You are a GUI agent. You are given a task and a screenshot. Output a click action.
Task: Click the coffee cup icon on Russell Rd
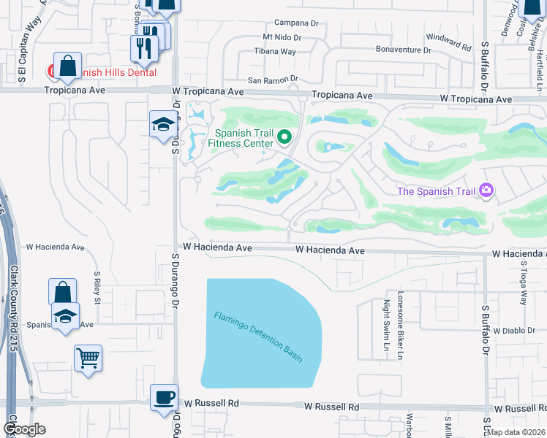164,398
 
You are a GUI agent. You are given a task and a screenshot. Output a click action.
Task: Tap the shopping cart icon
88,358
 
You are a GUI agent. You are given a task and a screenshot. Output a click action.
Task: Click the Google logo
24,429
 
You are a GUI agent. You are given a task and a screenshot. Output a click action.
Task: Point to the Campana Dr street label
297,23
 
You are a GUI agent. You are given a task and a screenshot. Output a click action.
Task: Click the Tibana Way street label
275,51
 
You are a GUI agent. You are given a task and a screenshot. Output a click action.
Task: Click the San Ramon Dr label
273,79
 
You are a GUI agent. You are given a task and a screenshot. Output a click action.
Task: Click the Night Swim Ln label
386,324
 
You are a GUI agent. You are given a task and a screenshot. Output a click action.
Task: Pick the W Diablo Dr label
515,330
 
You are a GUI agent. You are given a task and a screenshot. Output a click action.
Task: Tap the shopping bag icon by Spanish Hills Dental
67,65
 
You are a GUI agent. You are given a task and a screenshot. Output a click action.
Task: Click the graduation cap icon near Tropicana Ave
162,124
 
